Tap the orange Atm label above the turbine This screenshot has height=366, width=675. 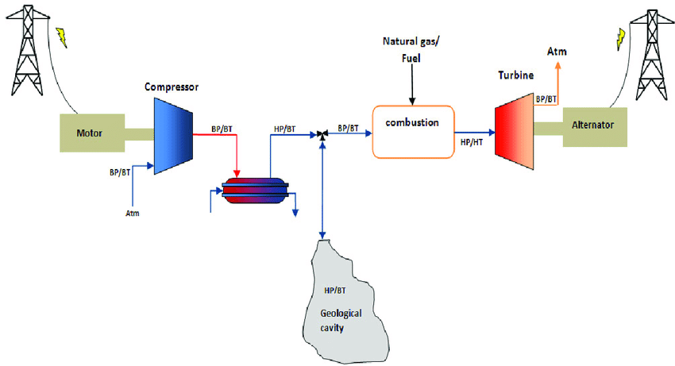[x=557, y=52]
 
